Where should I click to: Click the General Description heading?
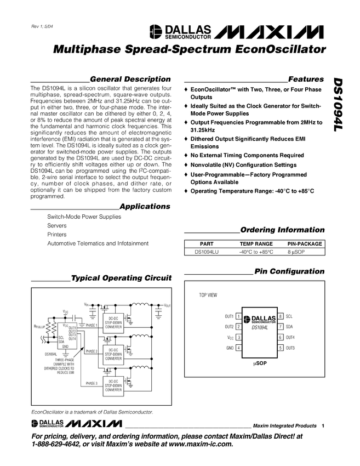click(x=130, y=79)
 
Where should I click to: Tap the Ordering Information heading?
click(x=282, y=230)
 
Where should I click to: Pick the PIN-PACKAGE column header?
click(x=305, y=243)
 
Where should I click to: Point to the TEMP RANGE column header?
click(x=256, y=243)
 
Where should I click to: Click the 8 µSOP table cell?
click(x=298, y=252)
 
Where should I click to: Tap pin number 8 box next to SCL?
click(x=280, y=316)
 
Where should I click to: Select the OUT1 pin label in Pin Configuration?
click(x=229, y=316)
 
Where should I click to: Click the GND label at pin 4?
click(x=230, y=348)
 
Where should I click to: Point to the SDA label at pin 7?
click(x=289, y=327)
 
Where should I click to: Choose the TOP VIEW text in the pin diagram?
click(x=208, y=295)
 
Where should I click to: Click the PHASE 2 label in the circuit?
click(x=91, y=351)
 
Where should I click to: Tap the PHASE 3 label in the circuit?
click(x=91, y=383)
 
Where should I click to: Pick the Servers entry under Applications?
click(x=57, y=225)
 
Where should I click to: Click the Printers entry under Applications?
click(x=56, y=234)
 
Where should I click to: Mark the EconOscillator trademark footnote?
click(x=92, y=412)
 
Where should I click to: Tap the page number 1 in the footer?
click(x=323, y=426)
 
